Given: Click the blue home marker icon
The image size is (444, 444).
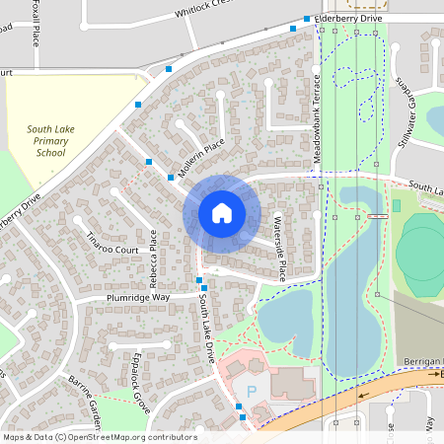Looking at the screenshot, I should pos(221,212).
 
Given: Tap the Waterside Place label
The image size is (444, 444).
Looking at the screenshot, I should pos(280,249).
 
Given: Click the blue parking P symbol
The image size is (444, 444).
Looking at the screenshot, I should pos(251,391).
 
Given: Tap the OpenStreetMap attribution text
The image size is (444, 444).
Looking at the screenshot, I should pos(100,437).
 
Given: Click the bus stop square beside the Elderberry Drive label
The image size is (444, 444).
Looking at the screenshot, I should pos(307,19).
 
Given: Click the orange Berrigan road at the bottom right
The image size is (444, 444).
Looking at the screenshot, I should pos(395,383).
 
